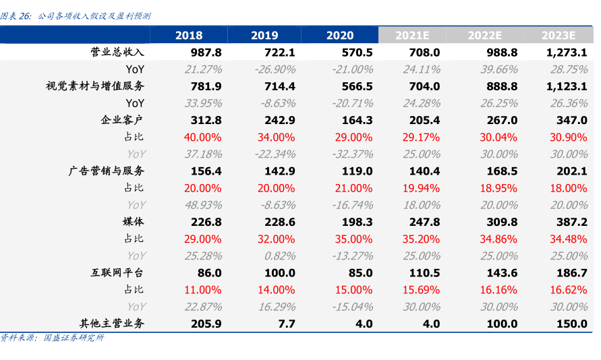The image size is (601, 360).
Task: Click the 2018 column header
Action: point(189,36)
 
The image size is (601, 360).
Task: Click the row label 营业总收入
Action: point(118,52)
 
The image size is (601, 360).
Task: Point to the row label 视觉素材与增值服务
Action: point(95,86)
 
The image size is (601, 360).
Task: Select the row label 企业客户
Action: point(122,120)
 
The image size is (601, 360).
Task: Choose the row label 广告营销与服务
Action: point(107,171)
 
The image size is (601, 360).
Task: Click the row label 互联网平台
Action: point(117,272)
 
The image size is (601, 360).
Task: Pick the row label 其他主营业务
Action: point(112,324)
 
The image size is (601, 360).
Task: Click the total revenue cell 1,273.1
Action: point(567,53)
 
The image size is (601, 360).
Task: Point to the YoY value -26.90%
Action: point(275,69)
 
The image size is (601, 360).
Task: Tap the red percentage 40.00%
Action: point(202,138)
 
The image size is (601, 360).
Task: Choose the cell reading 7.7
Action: point(287,324)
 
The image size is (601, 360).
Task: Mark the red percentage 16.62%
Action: point(569,290)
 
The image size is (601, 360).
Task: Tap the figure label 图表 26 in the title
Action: point(16,16)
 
